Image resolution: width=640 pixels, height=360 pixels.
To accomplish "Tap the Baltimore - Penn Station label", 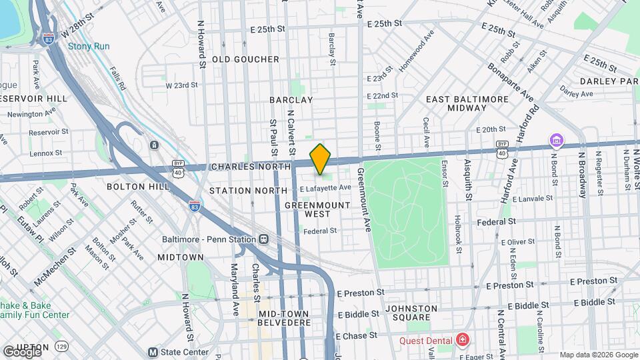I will (x=209, y=239).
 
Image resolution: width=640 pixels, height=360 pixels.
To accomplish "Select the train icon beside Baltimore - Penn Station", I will (x=264, y=239).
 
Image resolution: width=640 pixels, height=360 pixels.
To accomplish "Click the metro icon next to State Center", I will (x=153, y=352).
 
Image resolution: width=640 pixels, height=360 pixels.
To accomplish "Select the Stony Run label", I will (x=89, y=47).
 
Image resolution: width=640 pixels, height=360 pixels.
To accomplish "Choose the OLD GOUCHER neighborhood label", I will (x=245, y=59).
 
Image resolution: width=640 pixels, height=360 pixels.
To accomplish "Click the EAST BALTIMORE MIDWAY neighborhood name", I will (x=467, y=103).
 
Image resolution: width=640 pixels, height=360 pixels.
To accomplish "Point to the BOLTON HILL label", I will (x=138, y=187).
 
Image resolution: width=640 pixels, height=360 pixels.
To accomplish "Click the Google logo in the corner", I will (x=21, y=351).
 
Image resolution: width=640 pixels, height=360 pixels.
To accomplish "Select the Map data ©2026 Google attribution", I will (x=598, y=355).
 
